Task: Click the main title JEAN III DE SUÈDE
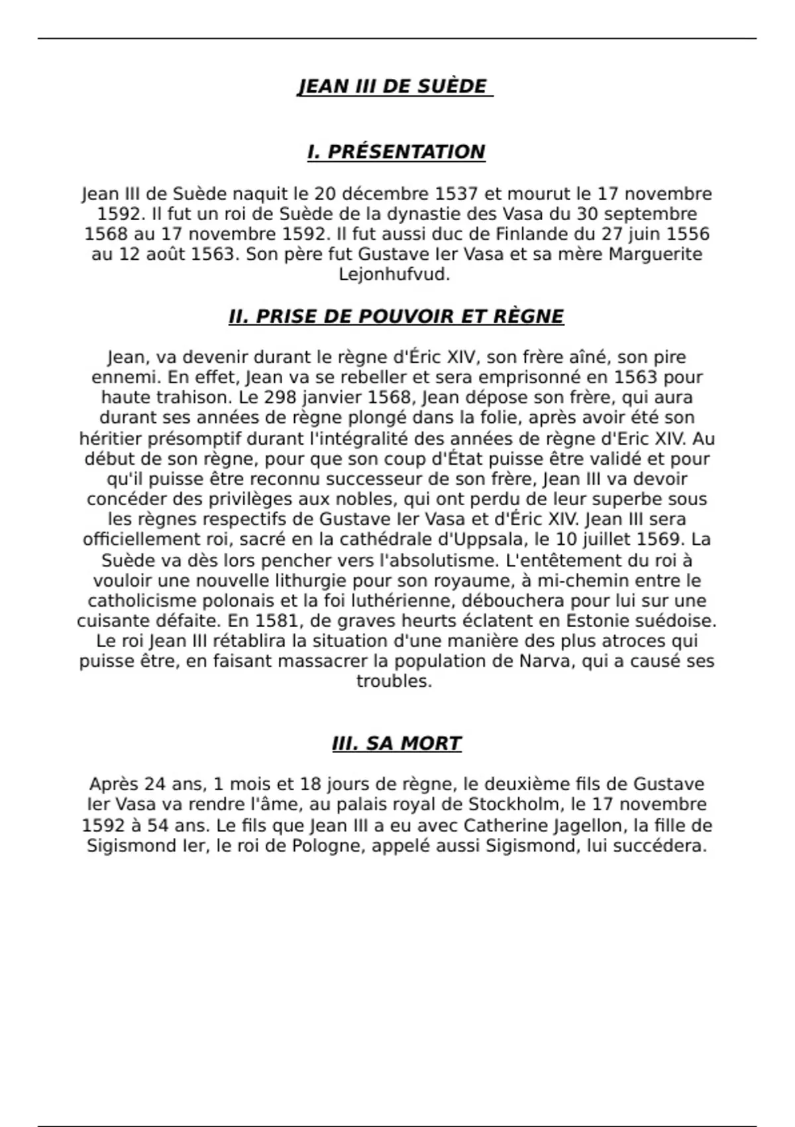click(x=395, y=87)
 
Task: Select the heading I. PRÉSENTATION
click(x=396, y=152)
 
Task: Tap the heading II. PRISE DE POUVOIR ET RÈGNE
click(x=396, y=316)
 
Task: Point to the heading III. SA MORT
click(x=396, y=743)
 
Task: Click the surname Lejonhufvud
click(x=394, y=274)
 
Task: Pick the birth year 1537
click(x=456, y=194)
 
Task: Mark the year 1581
click(x=278, y=621)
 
